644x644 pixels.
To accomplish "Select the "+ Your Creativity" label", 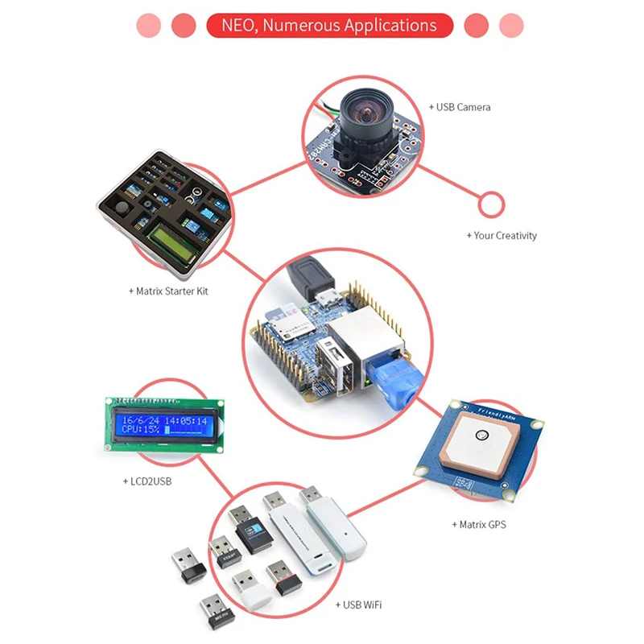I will pyautogui.click(x=501, y=236).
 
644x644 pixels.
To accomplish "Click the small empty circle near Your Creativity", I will pyautogui.click(x=490, y=205).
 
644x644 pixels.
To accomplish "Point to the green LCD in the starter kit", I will pyautogui.click(x=172, y=242).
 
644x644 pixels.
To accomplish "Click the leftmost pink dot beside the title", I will pyautogui.click(x=149, y=25).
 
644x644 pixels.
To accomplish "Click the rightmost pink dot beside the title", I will pyautogui.click(x=511, y=25).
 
